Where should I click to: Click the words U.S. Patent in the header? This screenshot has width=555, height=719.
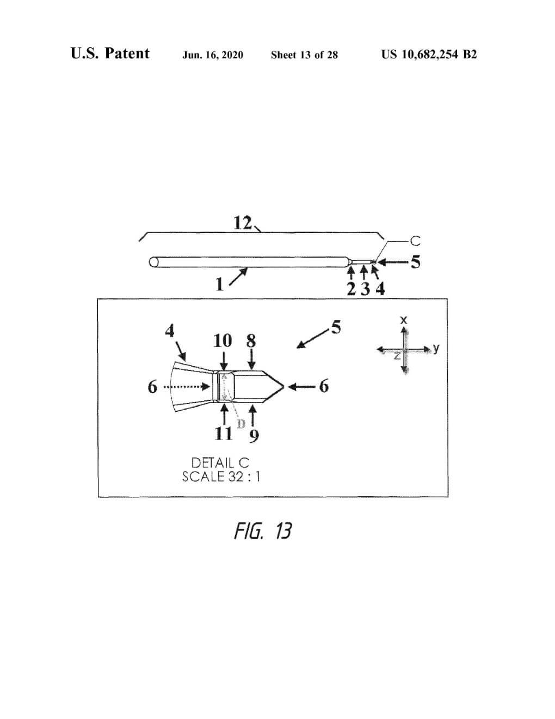pyautogui.click(x=110, y=53)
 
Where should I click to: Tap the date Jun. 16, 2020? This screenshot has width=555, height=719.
pyautogui.click(x=213, y=54)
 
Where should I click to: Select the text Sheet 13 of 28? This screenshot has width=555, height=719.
pyautogui.click(x=304, y=54)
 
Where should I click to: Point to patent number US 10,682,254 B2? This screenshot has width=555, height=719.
pyautogui.click(x=429, y=54)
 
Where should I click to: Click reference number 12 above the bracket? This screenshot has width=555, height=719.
pyautogui.click(x=243, y=222)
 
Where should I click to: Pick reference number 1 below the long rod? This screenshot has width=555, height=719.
pyautogui.click(x=219, y=284)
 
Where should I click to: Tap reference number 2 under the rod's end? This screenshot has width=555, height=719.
pyautogui.click(x=351, y=289)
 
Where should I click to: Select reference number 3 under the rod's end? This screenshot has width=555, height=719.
pyautogui.click(x=366, y=289)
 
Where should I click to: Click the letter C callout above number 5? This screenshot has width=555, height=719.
pyautogui.click(x=415, y=240)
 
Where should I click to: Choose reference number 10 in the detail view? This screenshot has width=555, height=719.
pyautogui.click(x=223, y=341)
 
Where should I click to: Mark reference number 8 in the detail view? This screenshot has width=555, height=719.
pyautogui.click(x=251, y=341)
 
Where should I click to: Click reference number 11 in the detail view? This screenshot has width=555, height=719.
pyautogui.click(x=223, y=434)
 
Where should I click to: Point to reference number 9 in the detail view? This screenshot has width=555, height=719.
pyautogui.click(x=254, y=435)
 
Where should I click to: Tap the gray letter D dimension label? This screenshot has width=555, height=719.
pyautogui.click(x=241, y=423)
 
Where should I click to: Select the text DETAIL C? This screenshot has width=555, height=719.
pyautogui.click(x=220, y=462)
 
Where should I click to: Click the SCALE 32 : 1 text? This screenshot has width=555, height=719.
pyautogui.click(x=221, y=477)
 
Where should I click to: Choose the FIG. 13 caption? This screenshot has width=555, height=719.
pyautogui.click(x=263, y=531)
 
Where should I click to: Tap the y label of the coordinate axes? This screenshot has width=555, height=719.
pyautogui.click(x=436, y=348)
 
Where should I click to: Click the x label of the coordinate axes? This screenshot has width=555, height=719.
pyautogui.click(x=404, y=320)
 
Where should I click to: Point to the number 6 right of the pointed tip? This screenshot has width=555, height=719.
pyautogui.click(x=324, y=386)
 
